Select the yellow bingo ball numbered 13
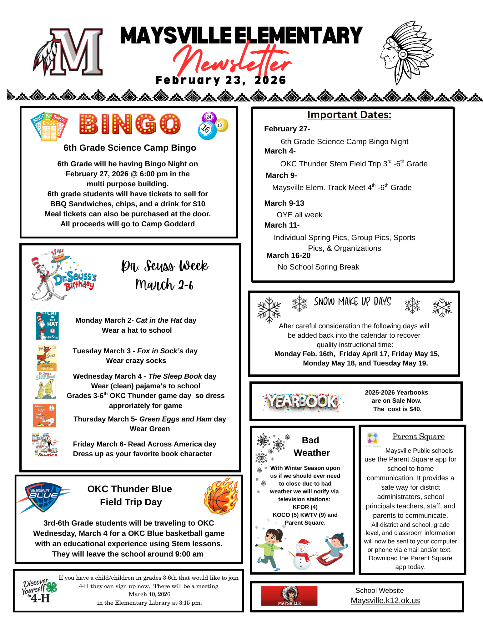(x=221, y=125)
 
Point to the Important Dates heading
(x=349, y=115)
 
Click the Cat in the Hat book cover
(x=47, y=325)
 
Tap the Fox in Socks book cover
(x=47, y=357)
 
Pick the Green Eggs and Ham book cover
(x=44, y=416)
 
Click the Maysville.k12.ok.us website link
(x=385, y=600)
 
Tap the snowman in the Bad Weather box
(x=302, y=554)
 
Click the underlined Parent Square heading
(x=418, y=436)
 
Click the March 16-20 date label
(x=288, y=255)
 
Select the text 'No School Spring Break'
(x=318, y=267)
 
